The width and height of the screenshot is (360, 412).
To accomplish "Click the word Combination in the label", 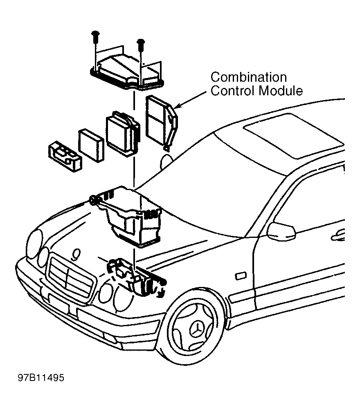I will pyautogui.click(x=248, y=77).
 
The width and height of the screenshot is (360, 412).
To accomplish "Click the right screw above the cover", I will pyautogui.click(x=141, y=43).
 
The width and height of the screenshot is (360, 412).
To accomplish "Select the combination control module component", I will pyautogui.click(x=162, y=121).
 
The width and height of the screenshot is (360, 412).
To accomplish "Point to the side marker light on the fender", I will pyautogui.click(x=240, y=276).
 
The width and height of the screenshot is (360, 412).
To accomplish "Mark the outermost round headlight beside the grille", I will pyautogui.click(x=34, y=243).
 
